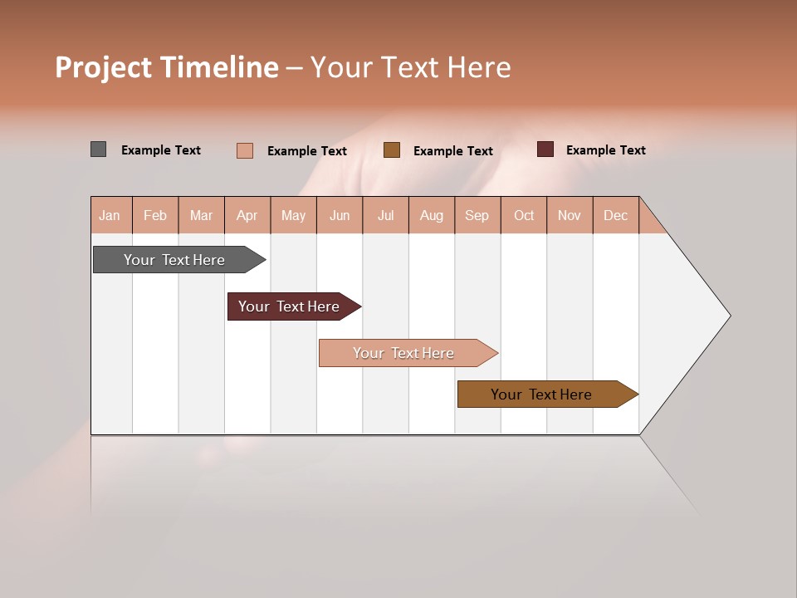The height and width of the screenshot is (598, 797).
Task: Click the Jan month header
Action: (110, 215)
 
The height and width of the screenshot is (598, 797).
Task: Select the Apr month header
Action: (247, 215)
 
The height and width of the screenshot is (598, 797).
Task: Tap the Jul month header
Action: (385, 215)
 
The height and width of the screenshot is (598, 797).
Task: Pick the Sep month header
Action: (477, 215)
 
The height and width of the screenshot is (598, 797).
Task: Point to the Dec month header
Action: (615, 215)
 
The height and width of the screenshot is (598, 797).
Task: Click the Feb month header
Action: (155, 215)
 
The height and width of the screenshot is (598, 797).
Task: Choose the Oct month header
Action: (524, 215)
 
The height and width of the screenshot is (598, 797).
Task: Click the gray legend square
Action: (98, 149)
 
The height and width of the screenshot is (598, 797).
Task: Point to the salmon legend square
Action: (244, 150)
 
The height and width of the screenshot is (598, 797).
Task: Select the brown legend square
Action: (392, 149)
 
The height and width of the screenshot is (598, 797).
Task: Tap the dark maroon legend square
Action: (545, 149)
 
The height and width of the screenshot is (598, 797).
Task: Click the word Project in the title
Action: (104, 67)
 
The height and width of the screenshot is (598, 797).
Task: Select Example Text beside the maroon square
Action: (605, 150)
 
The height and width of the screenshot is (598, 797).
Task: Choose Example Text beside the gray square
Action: (161, 150)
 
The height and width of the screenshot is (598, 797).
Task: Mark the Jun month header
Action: (340, 215)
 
